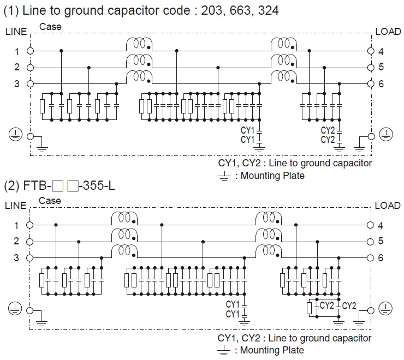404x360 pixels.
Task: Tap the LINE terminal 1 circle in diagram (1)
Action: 31,51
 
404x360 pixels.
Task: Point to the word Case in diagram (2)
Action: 50,201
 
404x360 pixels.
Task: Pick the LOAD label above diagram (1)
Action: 388,32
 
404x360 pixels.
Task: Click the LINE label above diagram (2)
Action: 15,206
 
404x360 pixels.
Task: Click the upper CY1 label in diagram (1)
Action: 248,130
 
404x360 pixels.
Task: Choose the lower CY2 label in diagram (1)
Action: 328,140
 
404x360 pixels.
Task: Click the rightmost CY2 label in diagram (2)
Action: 349,305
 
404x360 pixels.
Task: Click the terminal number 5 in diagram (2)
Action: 380,241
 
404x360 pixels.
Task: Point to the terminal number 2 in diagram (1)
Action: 17,67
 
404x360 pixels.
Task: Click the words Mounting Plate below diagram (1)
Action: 272,176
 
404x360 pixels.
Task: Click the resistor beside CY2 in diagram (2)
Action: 310,309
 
